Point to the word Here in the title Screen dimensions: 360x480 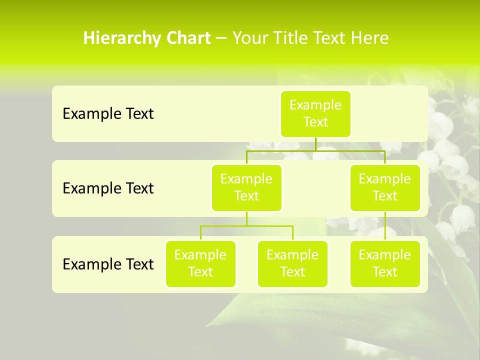pos(370,38)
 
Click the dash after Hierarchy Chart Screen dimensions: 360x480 pos(221,38)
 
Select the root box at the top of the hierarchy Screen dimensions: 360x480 pos(315,113)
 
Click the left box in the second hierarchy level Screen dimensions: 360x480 pos(246,187)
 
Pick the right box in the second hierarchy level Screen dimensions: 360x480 pos(385,187)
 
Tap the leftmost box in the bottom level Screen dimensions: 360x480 pos(200,263)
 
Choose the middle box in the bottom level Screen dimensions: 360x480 pos(292,263)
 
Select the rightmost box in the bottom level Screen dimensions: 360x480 pos(385,263)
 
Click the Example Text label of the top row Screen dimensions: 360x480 pos(108,114)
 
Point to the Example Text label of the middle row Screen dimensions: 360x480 pos(108,188)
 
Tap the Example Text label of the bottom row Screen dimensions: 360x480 pos(108,264)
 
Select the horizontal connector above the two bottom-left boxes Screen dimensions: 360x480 pos(246,226)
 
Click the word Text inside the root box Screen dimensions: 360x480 pos(315,122)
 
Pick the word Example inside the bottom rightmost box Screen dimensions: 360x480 pos(385,255)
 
